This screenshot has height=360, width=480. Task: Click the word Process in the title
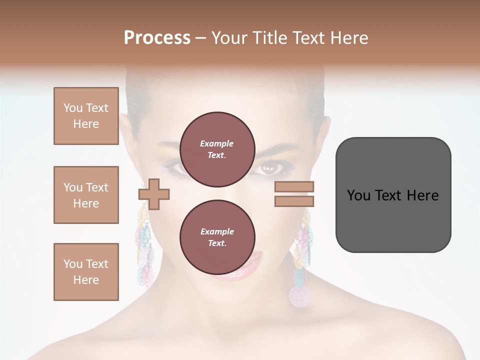157,38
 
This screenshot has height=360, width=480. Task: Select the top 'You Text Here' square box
86,116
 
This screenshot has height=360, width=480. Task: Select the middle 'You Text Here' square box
86,195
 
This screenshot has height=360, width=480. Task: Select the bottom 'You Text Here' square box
86,271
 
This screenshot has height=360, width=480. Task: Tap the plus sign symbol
154,193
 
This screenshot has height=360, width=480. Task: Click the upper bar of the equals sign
294,186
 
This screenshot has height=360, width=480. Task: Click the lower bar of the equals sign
294,201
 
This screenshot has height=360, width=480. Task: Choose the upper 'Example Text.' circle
217,149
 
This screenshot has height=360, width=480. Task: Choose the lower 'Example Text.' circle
217,237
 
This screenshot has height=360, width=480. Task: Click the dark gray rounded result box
393,194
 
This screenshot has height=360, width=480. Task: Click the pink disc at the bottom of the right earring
299,295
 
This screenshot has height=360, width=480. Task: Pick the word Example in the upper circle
217,143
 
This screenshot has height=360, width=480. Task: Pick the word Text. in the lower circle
217,243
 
